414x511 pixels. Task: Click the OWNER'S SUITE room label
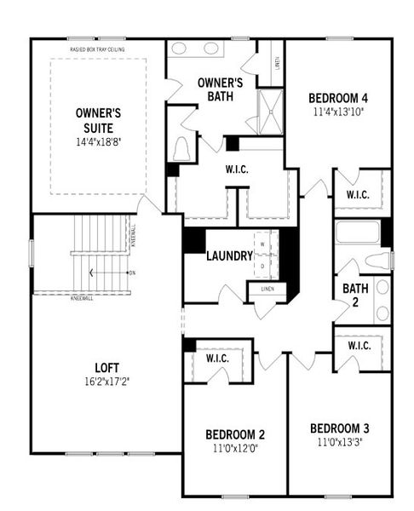point(99,119)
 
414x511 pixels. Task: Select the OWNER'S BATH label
point(221,89)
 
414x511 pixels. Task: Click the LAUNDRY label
point(229,255)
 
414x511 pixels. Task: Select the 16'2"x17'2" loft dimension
point(106,381)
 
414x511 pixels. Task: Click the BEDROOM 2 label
point(233,432)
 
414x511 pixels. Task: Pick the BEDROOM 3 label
point(339,428)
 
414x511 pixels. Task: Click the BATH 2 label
point(355,295)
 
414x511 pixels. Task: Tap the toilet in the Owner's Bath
point(181,150)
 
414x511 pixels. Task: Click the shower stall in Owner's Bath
point(270,112)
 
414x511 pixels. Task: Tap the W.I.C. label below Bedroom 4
point(357,195)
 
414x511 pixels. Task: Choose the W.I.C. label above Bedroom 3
point(357,347)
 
